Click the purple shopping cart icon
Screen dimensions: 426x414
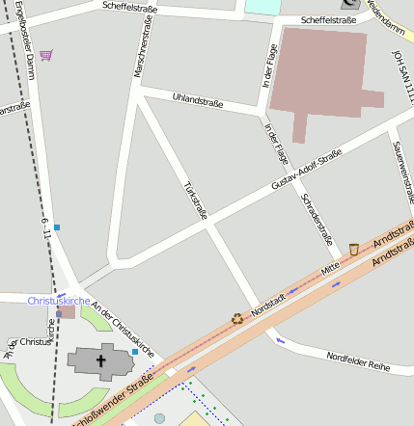(x=46, y=55)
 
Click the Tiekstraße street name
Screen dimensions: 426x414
(x=195, y=200)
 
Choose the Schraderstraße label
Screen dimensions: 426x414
(x=317, y=219)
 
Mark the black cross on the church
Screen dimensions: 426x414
(x=100, y=361)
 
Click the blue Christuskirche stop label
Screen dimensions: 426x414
(x=59, y=301)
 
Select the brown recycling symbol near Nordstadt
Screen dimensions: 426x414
(x=236, y=318)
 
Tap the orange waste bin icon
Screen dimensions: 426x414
(x=354, y=250)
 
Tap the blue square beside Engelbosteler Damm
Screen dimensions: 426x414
(x=57, y=227)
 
